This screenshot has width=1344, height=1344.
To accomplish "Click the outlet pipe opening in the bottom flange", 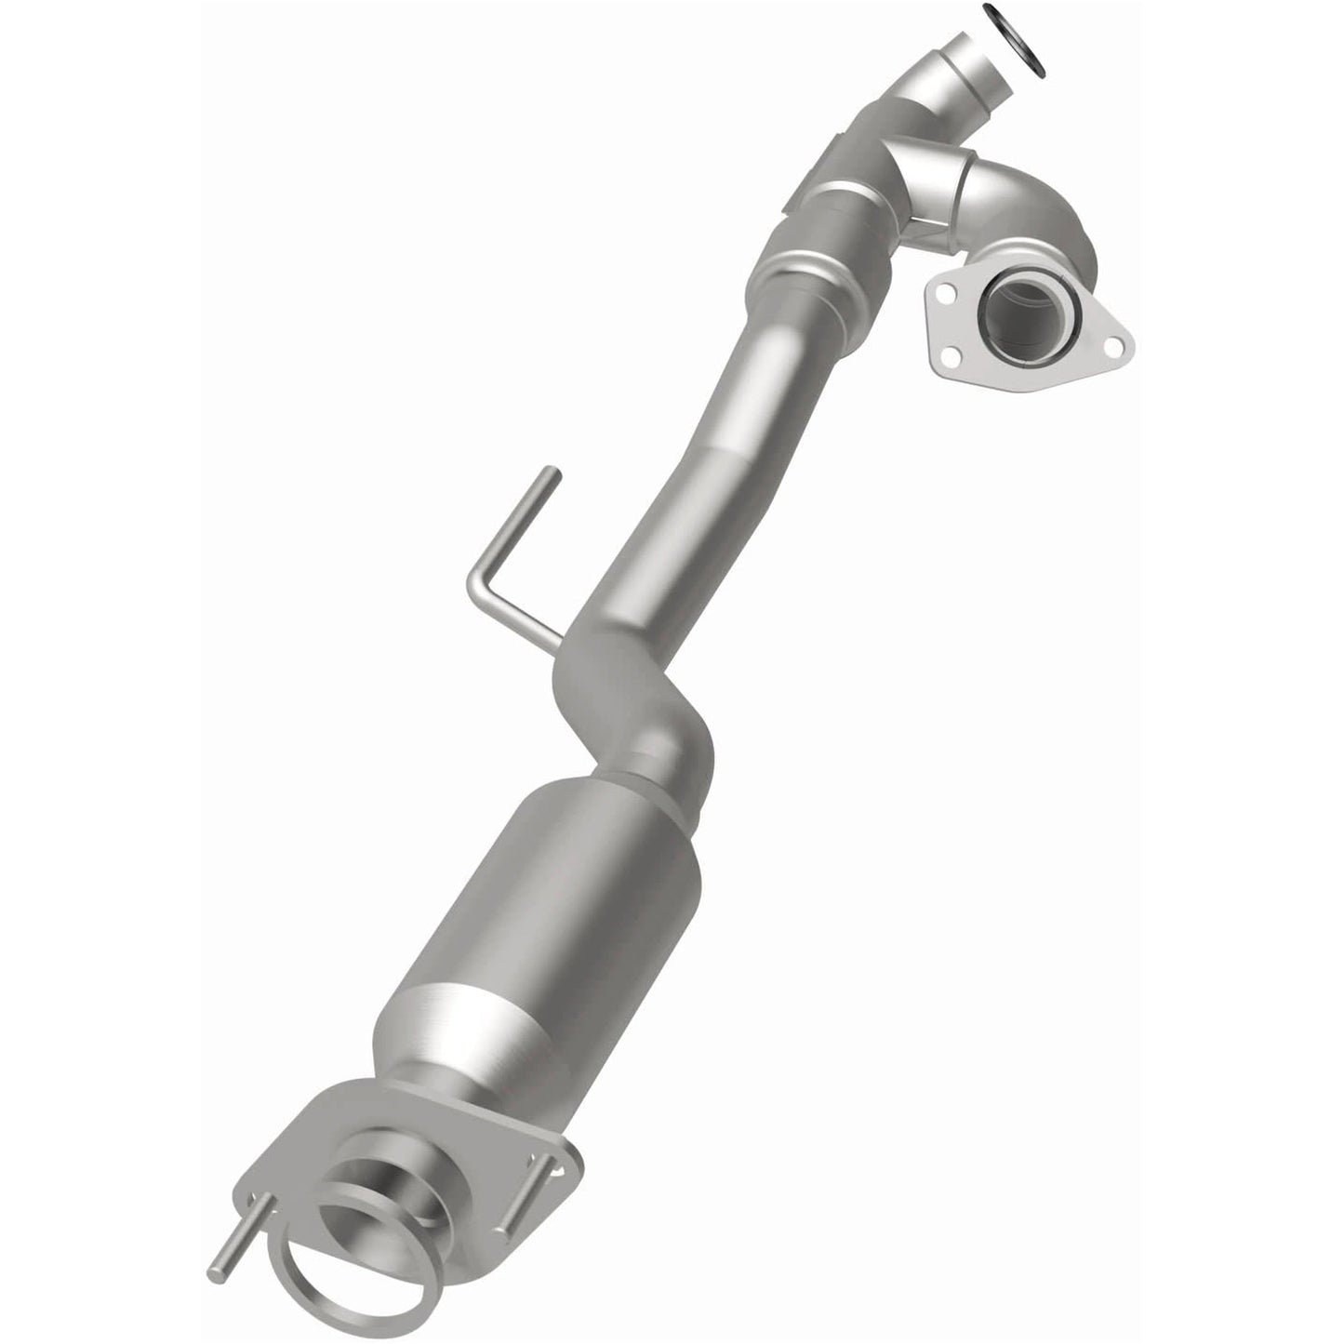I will pos(381,1200).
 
